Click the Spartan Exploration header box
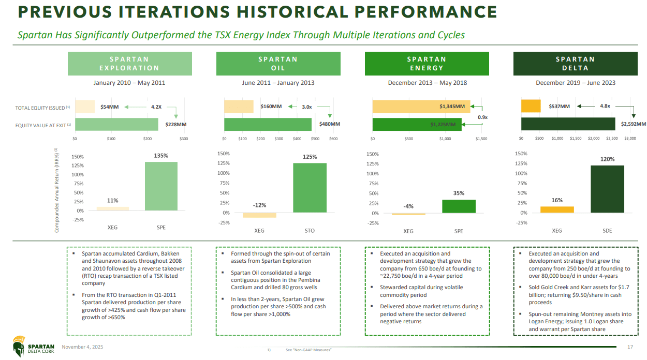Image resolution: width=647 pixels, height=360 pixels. point(129,64)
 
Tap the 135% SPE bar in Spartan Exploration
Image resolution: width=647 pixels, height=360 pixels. point(161,186)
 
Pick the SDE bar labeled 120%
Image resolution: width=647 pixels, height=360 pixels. point(607,189)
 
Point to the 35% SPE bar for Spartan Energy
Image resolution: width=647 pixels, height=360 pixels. point(459,206)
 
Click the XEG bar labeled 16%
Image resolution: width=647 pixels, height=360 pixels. point(557,209)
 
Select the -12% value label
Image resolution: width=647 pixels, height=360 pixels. point(259,205)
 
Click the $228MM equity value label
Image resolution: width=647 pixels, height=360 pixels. point(175,124)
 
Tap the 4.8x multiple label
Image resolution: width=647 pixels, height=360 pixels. point(606,107)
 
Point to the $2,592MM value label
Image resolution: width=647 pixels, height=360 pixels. point(633,124)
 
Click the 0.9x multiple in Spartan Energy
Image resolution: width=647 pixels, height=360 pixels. point(482,117)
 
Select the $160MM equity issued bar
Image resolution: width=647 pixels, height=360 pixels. point(239,107)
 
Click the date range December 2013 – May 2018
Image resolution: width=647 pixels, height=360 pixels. point(427,83)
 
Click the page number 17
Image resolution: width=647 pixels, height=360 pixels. point(630,347)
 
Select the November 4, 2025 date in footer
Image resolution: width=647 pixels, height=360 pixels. point(82,347)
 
